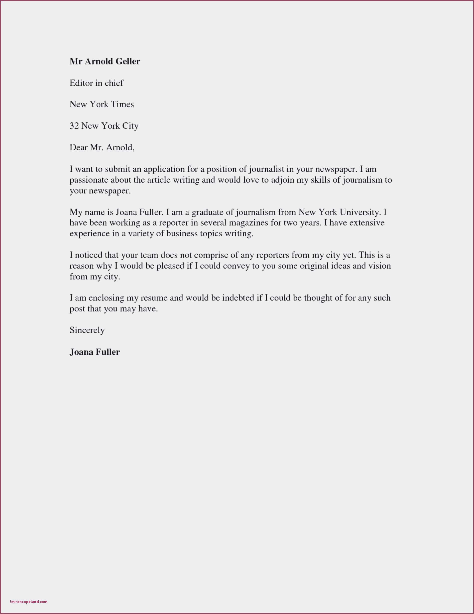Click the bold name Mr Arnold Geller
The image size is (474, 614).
coord(105,61)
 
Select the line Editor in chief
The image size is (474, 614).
coord(96,83)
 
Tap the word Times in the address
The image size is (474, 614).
coord(122,104)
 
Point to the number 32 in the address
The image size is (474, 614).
coord(74,126)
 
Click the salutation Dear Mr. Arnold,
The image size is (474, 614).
coord(102,147)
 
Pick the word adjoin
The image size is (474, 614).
coord(282,180)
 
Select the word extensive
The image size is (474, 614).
coord(367,223)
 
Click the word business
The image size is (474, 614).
coord(182,234)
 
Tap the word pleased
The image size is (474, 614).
coord(170,266)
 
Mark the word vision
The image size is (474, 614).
coord(379,266)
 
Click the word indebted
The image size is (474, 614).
coord(238,298)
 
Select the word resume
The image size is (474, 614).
coord(154,298)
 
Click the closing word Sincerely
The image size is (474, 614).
coord(87,330)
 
